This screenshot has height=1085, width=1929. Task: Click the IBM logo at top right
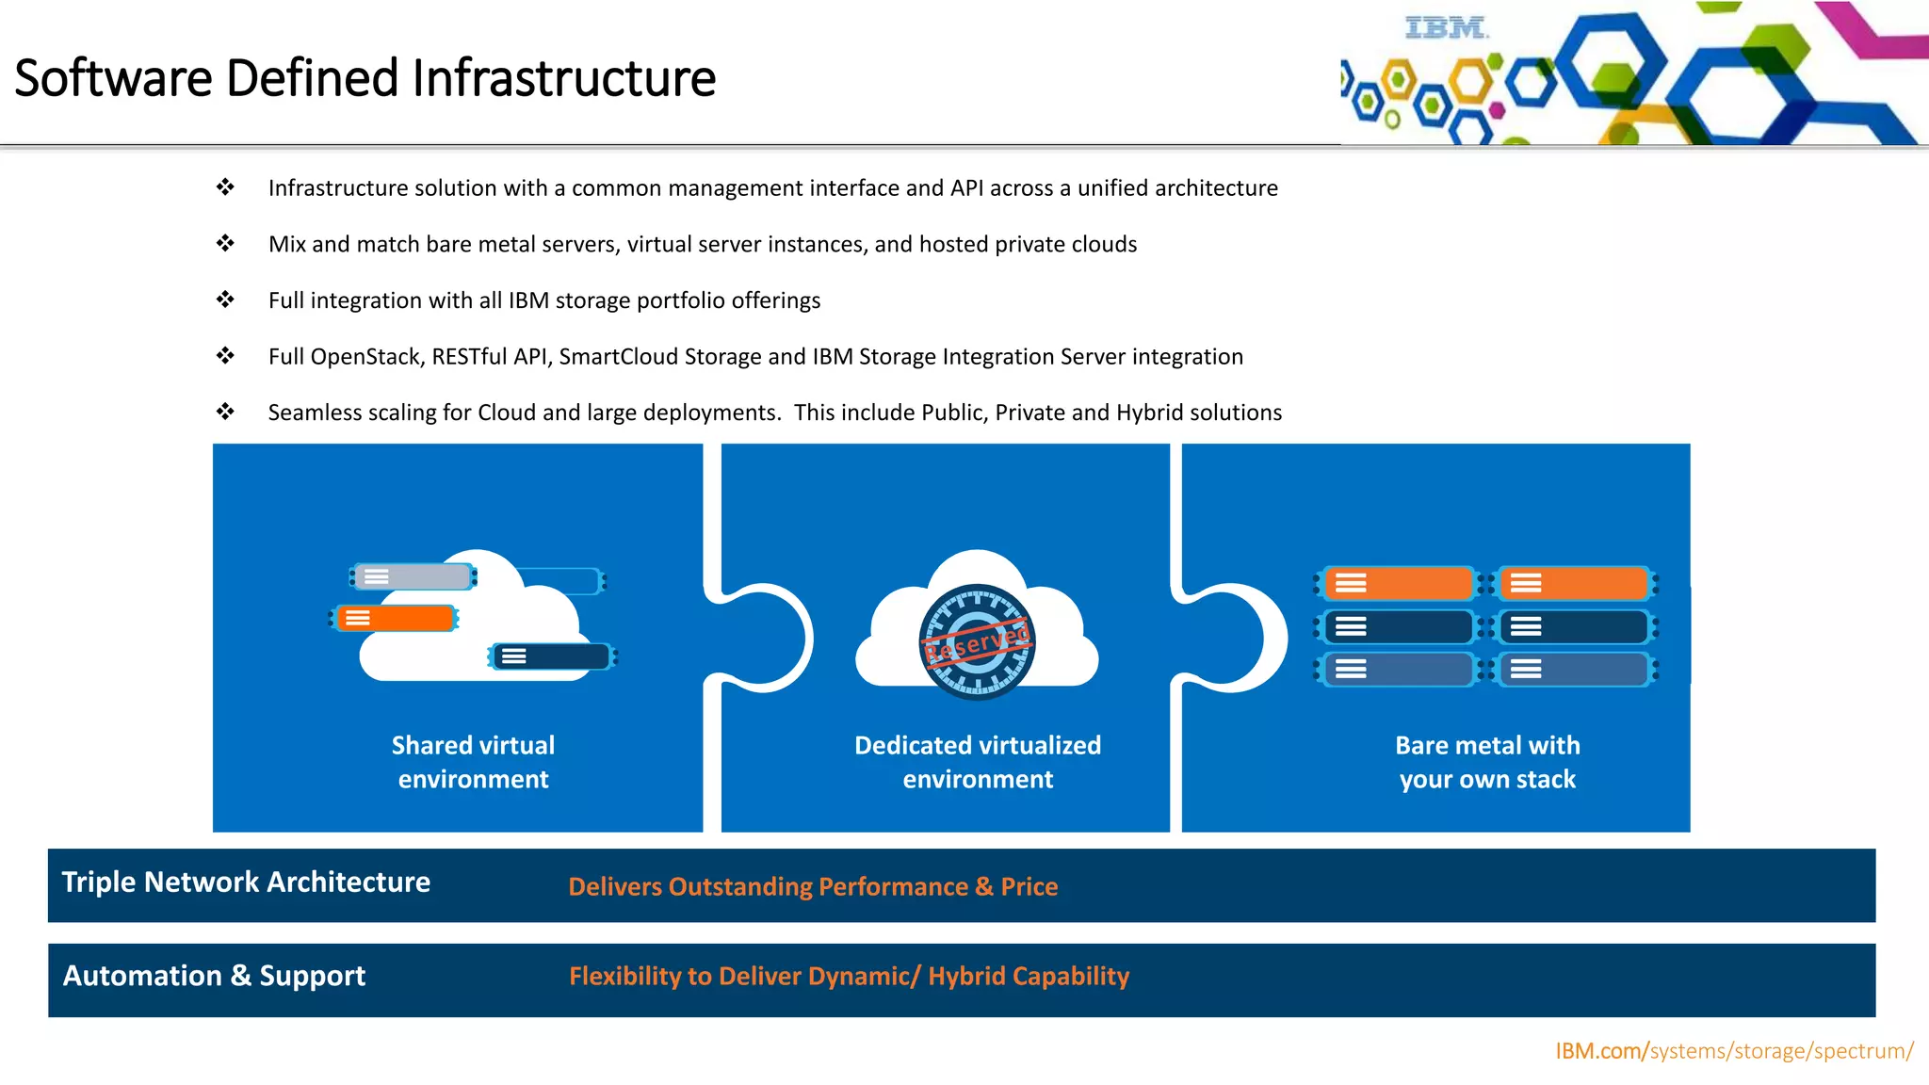pyautogui.click(x=1446, y=28)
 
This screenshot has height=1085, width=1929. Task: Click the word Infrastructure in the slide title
pyautogui.click(x=563, y=78)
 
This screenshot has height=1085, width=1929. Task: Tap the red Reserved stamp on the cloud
pyautogui.click(x=978, y=643)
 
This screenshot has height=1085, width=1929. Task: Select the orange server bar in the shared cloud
pyautogui.click(x=395, y=618)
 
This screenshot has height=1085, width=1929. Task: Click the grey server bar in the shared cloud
pyautogui.click(x=413, y=576)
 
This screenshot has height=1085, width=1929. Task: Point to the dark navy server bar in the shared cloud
pyautogui.click(x=552, y=656)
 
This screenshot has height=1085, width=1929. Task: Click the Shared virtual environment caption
pyautogui.click(x=473, y=762)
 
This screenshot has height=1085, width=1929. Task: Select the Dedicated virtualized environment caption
pyautogui.click(x=978, y=762)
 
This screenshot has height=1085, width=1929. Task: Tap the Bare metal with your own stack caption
pyautogui.click(x=1487, y=762)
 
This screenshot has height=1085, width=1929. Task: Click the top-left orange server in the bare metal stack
pyautogui.click(x=1398, y=584)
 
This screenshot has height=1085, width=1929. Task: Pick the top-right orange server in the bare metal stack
pyautogui.click(x=1574, y=584)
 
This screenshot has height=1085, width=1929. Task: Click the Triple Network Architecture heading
pyautogui.click(x=246, y=882)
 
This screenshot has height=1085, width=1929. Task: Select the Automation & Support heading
pyautogui.click(x=214, y=976)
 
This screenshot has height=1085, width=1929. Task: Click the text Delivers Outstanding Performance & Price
pyautogui.click(x=813, y=886)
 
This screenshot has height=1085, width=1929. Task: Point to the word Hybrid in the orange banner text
pyautogui.click(x=966, y=976)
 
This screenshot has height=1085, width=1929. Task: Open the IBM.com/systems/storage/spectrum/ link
pyautogui.click(x=1733, y=1051)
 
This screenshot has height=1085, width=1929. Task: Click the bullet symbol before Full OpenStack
pyautogui.click(x=225, y=356)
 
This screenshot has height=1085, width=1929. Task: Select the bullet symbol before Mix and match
pyautogui.click(x=225, y=244)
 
